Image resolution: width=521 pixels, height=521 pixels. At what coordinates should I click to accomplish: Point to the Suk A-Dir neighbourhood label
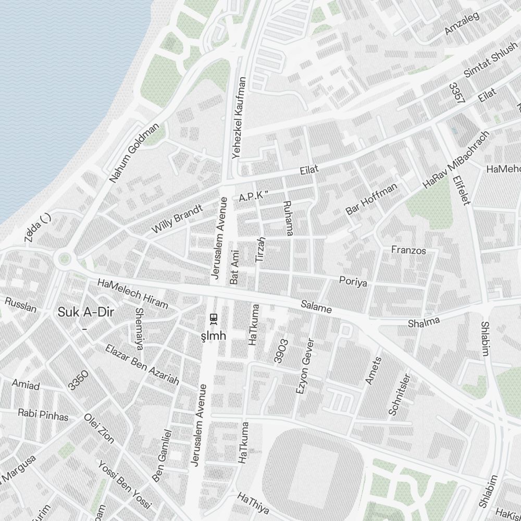click(86, 313)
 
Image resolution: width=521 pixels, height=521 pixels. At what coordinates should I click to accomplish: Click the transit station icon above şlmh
click(213, 317)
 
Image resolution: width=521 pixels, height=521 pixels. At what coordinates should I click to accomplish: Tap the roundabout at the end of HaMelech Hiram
click(65, 257)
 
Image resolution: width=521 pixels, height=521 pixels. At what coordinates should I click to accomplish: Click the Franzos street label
click(408, 251)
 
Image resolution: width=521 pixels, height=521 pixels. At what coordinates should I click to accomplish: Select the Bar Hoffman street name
click(371, 199)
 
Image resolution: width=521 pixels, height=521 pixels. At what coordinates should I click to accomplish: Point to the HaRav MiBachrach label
click(456, 159)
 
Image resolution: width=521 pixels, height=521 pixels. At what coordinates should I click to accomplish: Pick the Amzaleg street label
click(462, 24)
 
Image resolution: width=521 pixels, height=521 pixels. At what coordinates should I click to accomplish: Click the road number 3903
click(281, 351)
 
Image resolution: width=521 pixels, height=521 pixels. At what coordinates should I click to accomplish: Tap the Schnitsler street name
click(400, 394)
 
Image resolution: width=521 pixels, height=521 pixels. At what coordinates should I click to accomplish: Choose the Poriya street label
click(353, 282)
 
